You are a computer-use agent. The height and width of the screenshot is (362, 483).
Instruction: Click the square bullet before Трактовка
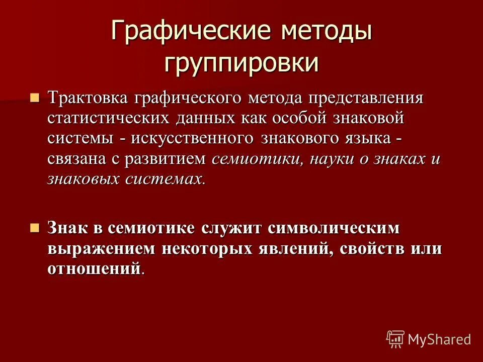(x=34, y=97)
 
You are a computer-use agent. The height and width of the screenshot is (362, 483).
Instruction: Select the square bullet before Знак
(x=34, y=227)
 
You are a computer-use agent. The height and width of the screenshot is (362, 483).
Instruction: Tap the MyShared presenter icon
(x=395, y=339)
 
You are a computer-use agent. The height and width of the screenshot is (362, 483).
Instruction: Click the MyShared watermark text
(x=439, y=340)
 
